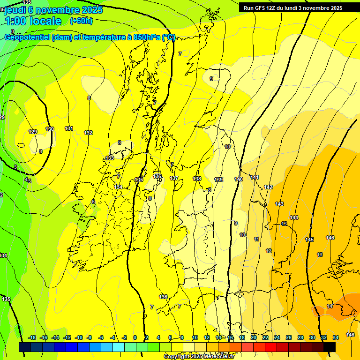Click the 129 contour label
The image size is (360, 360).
(33, 132)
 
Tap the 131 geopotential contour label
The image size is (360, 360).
(69, 128)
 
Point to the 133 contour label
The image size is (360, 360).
(110, 158)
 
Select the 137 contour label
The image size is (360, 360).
(174, 179)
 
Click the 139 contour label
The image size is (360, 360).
(218, 180)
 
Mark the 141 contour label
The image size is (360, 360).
(255, 177)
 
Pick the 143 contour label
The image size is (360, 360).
(279, 204)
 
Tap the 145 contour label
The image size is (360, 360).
(309, 240)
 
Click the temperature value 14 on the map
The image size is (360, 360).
(330, 306)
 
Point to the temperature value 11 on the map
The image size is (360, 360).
(256, 239)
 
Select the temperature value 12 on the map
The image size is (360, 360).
(269, 251)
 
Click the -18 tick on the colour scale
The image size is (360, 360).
(32, 337)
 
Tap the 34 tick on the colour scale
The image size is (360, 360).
(336, 337)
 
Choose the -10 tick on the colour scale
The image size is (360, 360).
(79, 337)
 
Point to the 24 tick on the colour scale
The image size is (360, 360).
(277, 337)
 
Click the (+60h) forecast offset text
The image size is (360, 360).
(81, 21)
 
